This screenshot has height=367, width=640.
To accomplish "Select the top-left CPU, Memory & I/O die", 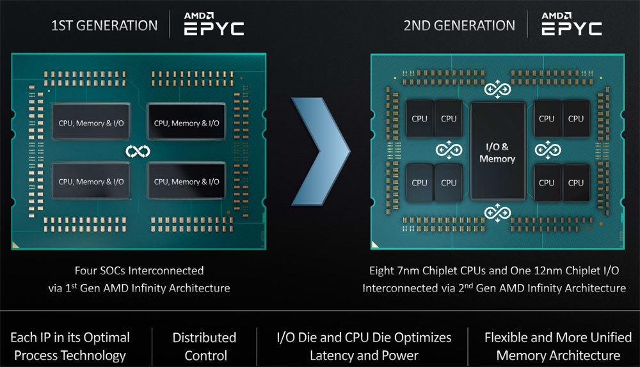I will tap(90, 122).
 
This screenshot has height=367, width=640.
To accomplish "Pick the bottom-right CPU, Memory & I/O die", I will tap(186, 182).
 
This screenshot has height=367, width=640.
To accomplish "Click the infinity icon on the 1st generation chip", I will tap(138, 152).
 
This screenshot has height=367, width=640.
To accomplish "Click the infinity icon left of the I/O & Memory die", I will tap(449, 151).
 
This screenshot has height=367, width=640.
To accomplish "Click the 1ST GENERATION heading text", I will tap(104, 26).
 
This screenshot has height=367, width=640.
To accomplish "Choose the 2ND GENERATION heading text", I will tap(459, 26).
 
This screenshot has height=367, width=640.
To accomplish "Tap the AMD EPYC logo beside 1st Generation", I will tap(214, 24).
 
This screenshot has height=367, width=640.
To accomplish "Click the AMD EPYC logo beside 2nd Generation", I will tap(572, 24).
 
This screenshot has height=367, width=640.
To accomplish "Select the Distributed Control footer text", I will tap(204, 347).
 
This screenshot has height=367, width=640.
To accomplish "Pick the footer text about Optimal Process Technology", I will tap(70, 347).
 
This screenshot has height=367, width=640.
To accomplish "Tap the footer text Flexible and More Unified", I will tap(558, 337).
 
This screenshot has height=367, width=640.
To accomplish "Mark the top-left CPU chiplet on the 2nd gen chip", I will tap(419, 118).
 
